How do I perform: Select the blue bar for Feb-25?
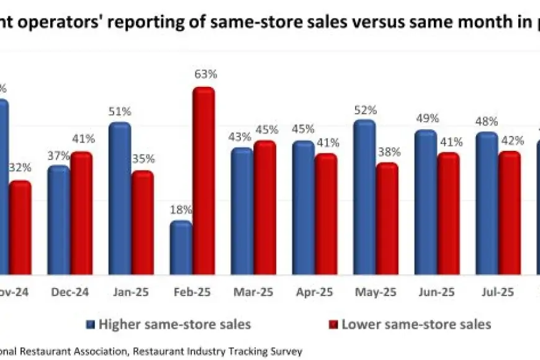coord(181,248)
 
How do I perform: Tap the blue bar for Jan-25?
coord(119,199)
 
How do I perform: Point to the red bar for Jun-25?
coord(448,214)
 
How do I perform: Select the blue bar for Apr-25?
coord(303,208)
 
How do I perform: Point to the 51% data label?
coord(119,112)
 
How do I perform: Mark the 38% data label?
coord(387,152)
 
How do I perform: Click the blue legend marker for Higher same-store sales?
coord(91,324)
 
